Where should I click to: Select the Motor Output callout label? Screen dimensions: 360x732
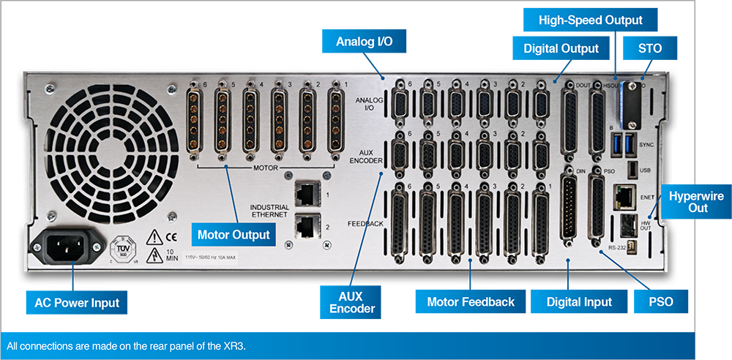(234, 236)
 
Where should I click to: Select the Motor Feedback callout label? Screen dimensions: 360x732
(470, 301)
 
